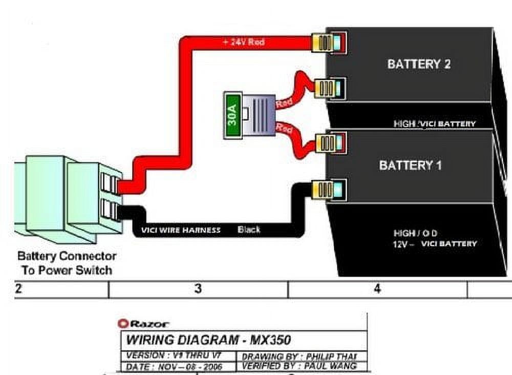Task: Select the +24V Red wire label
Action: point(244,42)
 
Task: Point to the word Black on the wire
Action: point(249,230)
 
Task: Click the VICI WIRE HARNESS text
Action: point(181,231)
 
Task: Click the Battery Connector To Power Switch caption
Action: point(67,263)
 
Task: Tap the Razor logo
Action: point(143,324)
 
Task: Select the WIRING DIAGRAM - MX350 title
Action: point(209,340)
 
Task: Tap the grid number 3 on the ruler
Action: point(198,289)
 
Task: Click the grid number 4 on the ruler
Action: point(377,289)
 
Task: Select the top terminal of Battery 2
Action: point(330,41)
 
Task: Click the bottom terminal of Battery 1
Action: point(330,190)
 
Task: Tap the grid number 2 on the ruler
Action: point(18,289)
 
